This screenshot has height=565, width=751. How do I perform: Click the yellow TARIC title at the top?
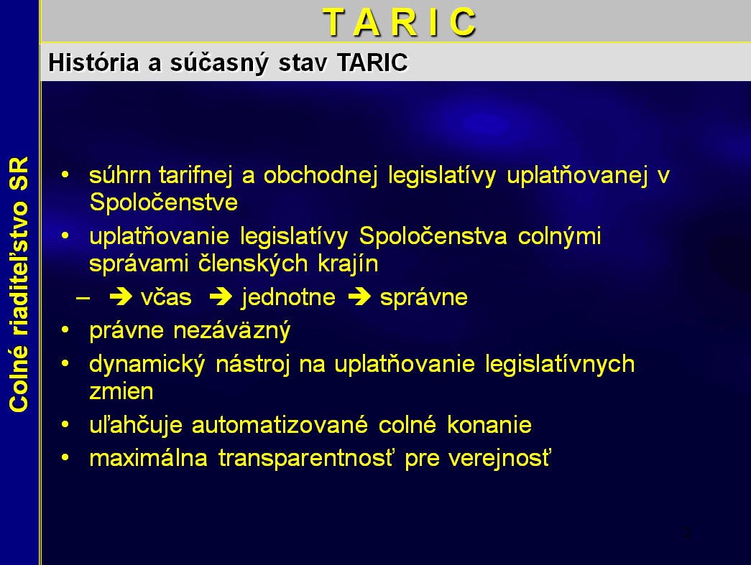(400, 22)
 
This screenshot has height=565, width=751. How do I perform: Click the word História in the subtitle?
(94, 62)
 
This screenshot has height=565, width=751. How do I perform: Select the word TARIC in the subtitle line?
(372, 62)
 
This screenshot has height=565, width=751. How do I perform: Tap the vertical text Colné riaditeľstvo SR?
(19, 284)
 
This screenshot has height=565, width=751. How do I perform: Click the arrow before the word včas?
(121, 296)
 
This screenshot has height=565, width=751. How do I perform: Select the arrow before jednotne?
(221, 296)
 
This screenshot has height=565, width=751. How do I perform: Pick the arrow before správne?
(359, 296)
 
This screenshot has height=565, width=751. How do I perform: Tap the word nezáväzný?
(232, 331)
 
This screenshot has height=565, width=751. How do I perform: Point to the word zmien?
(121, 392)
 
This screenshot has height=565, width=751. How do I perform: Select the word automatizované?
(280, 425)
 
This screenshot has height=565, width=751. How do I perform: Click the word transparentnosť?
(306, 458)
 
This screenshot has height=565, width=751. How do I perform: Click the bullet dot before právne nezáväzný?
(65, 330)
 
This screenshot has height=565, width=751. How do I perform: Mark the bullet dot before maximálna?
(65, 457)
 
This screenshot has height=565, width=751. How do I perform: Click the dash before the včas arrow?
(83, 298)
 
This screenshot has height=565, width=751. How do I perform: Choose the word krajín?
(349, 264)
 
